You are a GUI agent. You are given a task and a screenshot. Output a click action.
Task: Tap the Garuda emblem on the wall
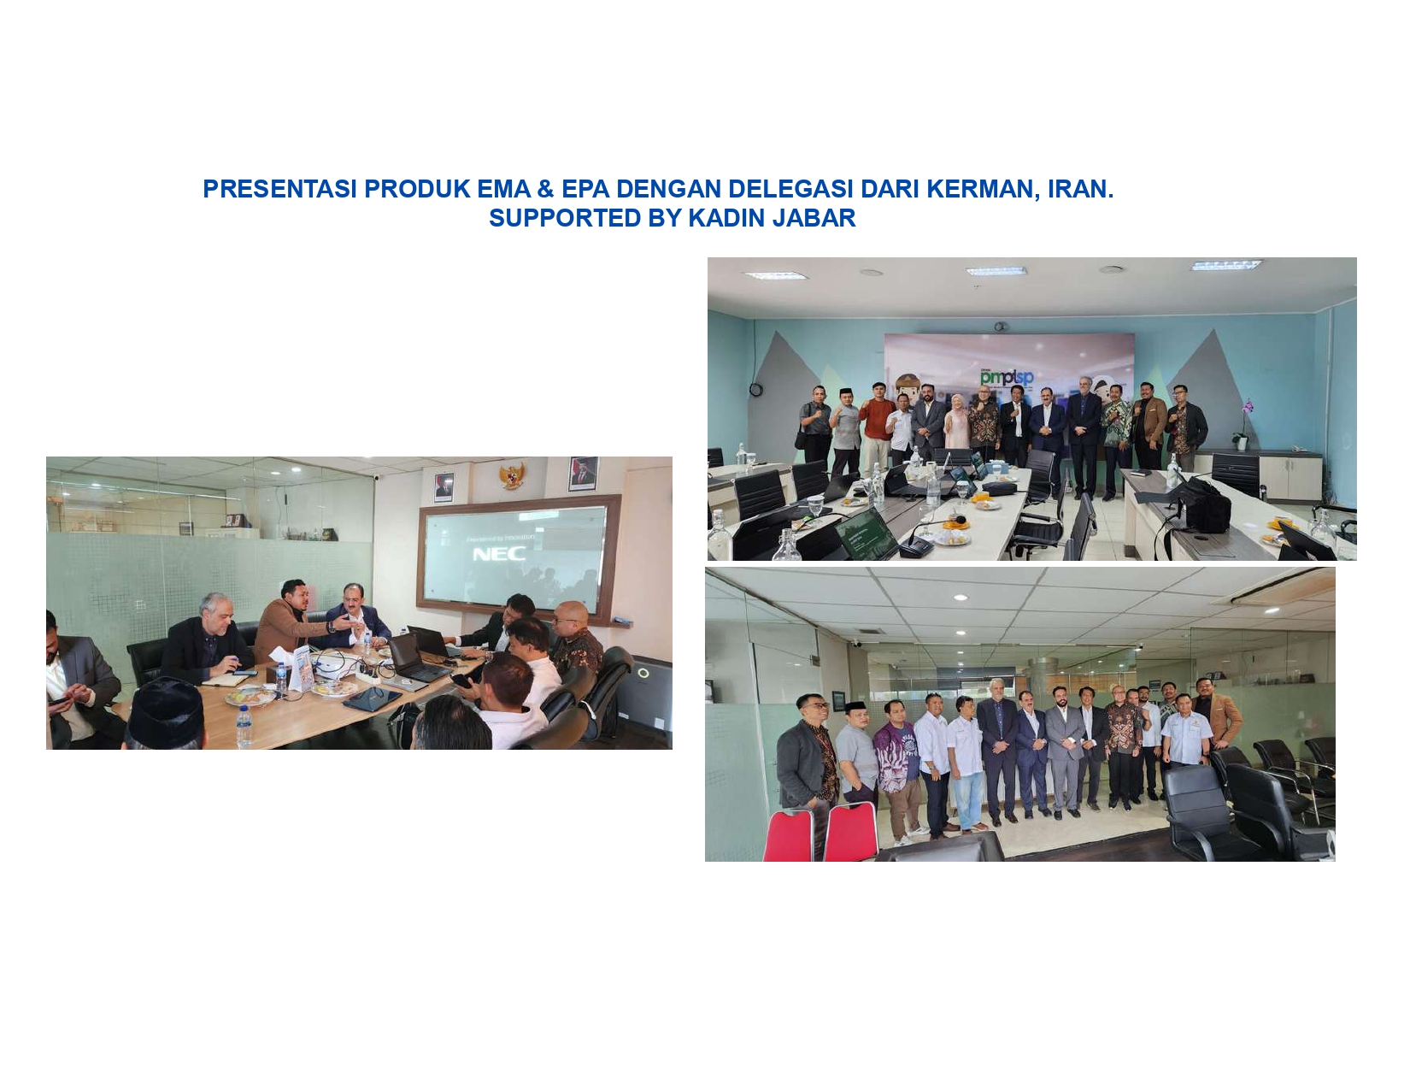pos(511,476)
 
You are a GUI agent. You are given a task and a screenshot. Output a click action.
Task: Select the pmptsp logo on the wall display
pos(1007,376)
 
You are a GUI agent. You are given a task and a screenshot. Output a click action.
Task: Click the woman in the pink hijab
pos(957,422)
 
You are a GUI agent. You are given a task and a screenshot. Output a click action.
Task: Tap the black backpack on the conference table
pos(1207,505)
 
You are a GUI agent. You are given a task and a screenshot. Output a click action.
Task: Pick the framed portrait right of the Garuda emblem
pos(583,474)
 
